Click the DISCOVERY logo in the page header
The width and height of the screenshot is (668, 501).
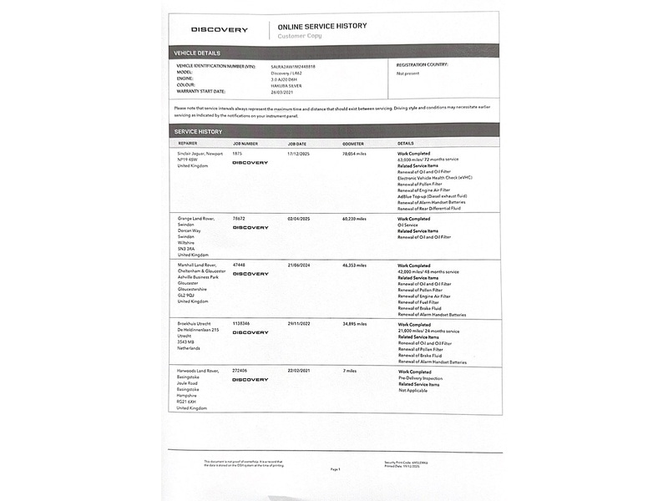220,30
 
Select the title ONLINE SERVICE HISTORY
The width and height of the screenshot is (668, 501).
322,26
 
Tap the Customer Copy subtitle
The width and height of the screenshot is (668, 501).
300,36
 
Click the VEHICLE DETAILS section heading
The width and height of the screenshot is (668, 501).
197,53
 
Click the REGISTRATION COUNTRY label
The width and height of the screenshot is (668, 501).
422,64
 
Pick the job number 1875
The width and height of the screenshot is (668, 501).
237,154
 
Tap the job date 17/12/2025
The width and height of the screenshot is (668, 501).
299,154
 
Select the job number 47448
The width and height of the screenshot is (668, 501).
239,265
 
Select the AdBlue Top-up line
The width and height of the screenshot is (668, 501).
432,195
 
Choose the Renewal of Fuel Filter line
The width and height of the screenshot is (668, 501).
423,302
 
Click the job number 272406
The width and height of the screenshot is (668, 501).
240,371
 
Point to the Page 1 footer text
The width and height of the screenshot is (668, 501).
335,469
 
